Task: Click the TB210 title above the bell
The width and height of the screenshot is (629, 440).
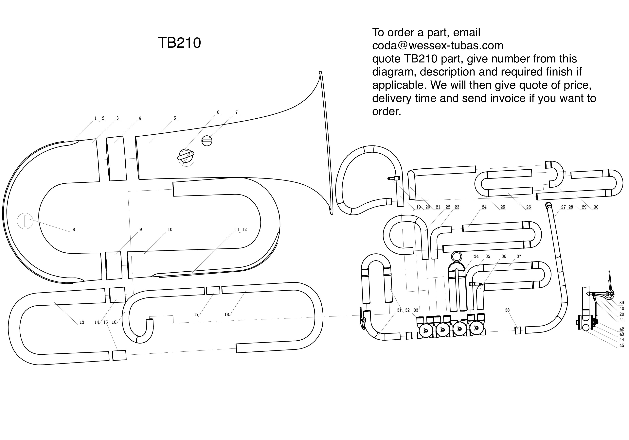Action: pos(179,43)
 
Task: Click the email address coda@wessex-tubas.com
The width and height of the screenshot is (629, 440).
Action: pos(438,45)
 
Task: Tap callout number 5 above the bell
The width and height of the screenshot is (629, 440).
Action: pos(175,118)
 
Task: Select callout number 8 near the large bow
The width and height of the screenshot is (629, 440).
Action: pos(74,229)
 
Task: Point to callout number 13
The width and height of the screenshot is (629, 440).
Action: pos(82,322)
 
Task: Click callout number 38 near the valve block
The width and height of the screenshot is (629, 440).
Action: pos(507,310)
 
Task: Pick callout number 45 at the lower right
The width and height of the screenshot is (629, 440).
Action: pos(622,346)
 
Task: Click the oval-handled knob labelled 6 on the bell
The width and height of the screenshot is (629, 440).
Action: pos(186,156)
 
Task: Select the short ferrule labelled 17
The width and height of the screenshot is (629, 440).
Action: pos(213,290)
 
